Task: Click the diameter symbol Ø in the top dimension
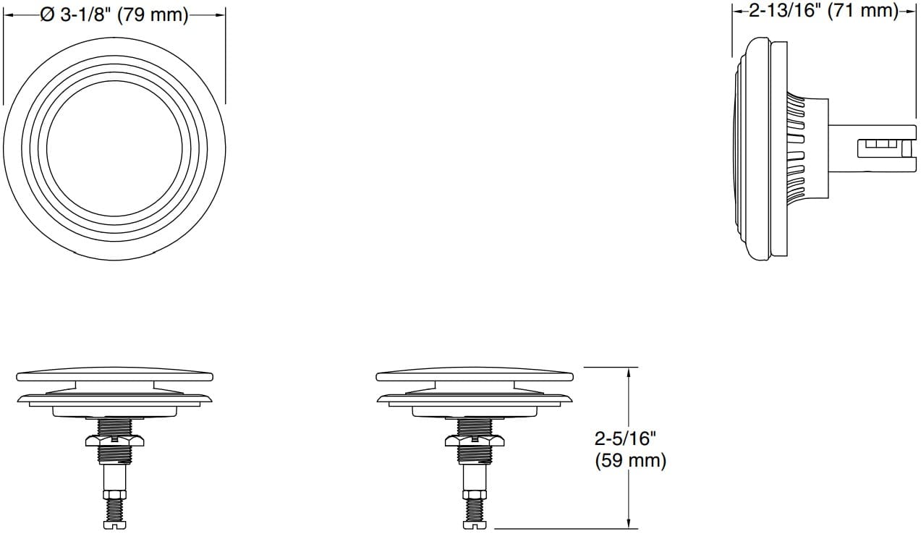pos(48,15)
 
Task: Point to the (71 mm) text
pos(862,11)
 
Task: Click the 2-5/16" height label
pos(624,438)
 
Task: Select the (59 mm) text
pos(630,461)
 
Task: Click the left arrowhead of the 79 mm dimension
pos(9,15)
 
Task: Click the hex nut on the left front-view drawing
pos(114,440)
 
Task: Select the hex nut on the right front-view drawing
pos(474,440)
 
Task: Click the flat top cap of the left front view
pos(114,376)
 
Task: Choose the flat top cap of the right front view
pos(474,376)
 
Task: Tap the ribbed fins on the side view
pos(795,148)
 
